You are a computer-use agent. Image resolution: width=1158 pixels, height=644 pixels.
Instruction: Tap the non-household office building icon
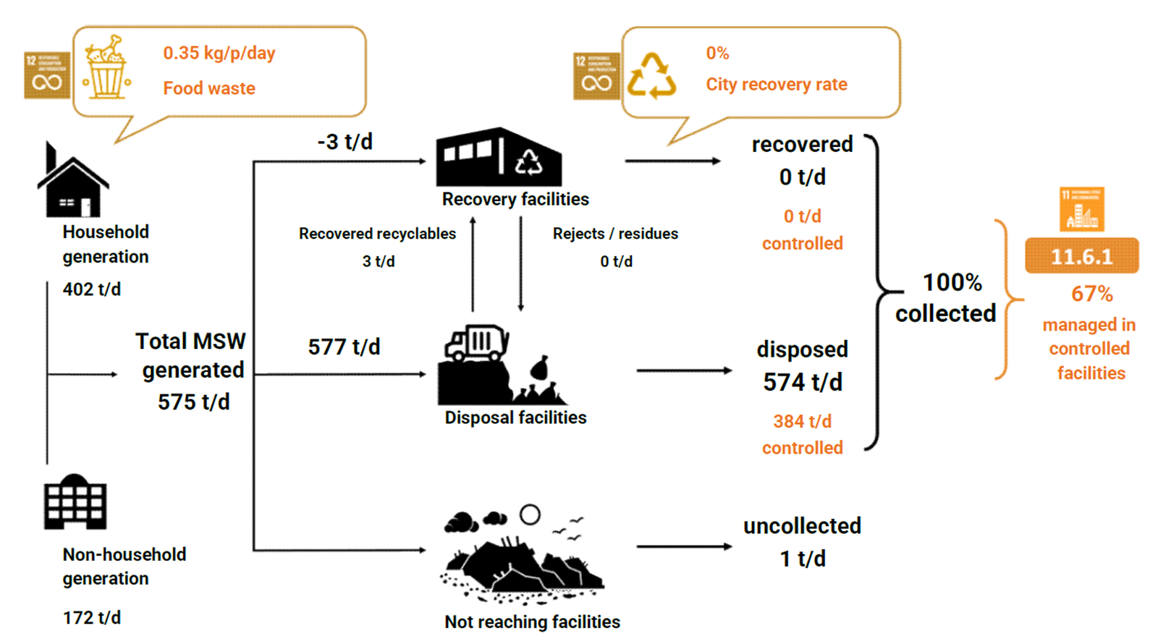[75, 502]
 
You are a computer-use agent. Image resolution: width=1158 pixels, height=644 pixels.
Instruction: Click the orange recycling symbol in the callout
[651, 76]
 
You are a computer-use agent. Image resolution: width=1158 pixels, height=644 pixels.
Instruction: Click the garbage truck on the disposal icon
[477, 342]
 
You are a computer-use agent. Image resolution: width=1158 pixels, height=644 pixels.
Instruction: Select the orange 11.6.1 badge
[1081, 256]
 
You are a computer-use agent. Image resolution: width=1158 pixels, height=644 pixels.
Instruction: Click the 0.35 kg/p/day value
[219, 53]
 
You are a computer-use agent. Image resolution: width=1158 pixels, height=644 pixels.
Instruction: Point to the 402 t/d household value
[92, 289]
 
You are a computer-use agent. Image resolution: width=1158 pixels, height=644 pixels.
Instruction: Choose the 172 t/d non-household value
[92, 617]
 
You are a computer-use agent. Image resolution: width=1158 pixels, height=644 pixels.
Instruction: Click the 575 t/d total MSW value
[194, 402]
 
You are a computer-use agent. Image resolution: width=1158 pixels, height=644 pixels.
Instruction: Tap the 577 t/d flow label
[344, 347]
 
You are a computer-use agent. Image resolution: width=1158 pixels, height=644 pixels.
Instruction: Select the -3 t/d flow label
[345, 142]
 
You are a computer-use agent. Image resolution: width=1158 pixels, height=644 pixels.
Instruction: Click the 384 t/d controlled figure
[802, 421]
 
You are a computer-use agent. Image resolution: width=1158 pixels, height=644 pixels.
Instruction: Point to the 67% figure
[1091, 294]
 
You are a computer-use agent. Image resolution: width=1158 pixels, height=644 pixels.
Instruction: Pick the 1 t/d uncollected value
[802, 559]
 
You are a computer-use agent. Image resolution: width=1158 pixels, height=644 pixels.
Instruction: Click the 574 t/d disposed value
[802, 382]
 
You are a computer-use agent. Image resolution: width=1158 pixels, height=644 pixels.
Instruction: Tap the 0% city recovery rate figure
[717, 53]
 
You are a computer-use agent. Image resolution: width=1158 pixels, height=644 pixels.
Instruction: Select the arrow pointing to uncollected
[684, 546]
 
